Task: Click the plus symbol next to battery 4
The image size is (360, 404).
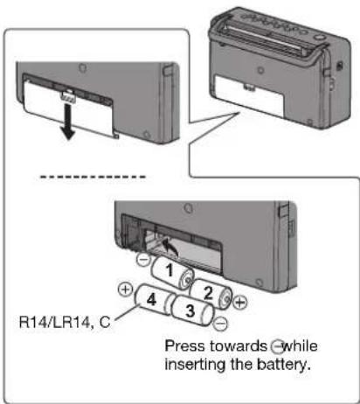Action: coord(125,289)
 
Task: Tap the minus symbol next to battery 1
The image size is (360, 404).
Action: coord(142,261)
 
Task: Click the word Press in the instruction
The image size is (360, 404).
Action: coord(183,345)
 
